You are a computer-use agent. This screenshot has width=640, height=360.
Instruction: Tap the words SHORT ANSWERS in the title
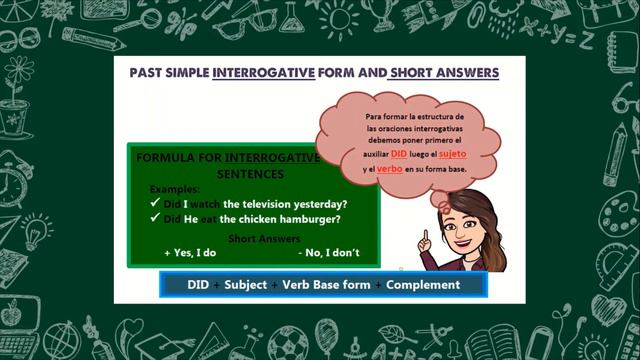[x=444, y=74]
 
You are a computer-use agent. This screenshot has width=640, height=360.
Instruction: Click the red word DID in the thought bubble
[x=399, y=155]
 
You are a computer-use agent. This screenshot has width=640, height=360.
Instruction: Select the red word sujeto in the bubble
[x=453, y=155]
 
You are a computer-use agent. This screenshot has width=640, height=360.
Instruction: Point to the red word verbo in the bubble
[x=391, y=169]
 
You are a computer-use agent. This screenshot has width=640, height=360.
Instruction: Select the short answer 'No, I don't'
[x=329, y=253]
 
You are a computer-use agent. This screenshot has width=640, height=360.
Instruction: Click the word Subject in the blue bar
[x=246, y=285]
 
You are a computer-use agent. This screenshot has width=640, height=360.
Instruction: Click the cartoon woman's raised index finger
[x=424, y=237]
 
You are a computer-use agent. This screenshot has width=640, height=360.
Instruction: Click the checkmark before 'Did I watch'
[x=155, y=203]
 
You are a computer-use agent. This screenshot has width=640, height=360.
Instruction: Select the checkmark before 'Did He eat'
[x=155, y=219]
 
